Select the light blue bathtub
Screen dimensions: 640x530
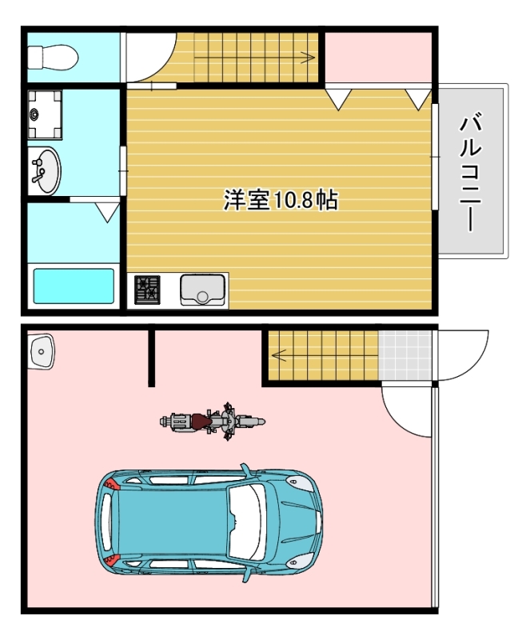pyautogui.click(x=73, y=286)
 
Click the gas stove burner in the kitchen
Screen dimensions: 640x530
pyautogui.click(x=147, y=289)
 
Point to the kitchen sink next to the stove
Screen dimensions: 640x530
pyautogui.click(x=203, y=289)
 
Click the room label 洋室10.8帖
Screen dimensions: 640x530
pyautogui.click(x=280, y=199)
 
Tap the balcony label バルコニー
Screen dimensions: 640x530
pyautogui.click(x=472, y=173)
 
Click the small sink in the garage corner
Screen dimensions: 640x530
pyautogui.click(x=41, y=351)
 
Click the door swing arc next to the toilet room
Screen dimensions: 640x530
pyautogui.click(x=150, y=58)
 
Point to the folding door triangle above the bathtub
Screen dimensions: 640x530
pyautogui.click(x=107, y=211)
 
